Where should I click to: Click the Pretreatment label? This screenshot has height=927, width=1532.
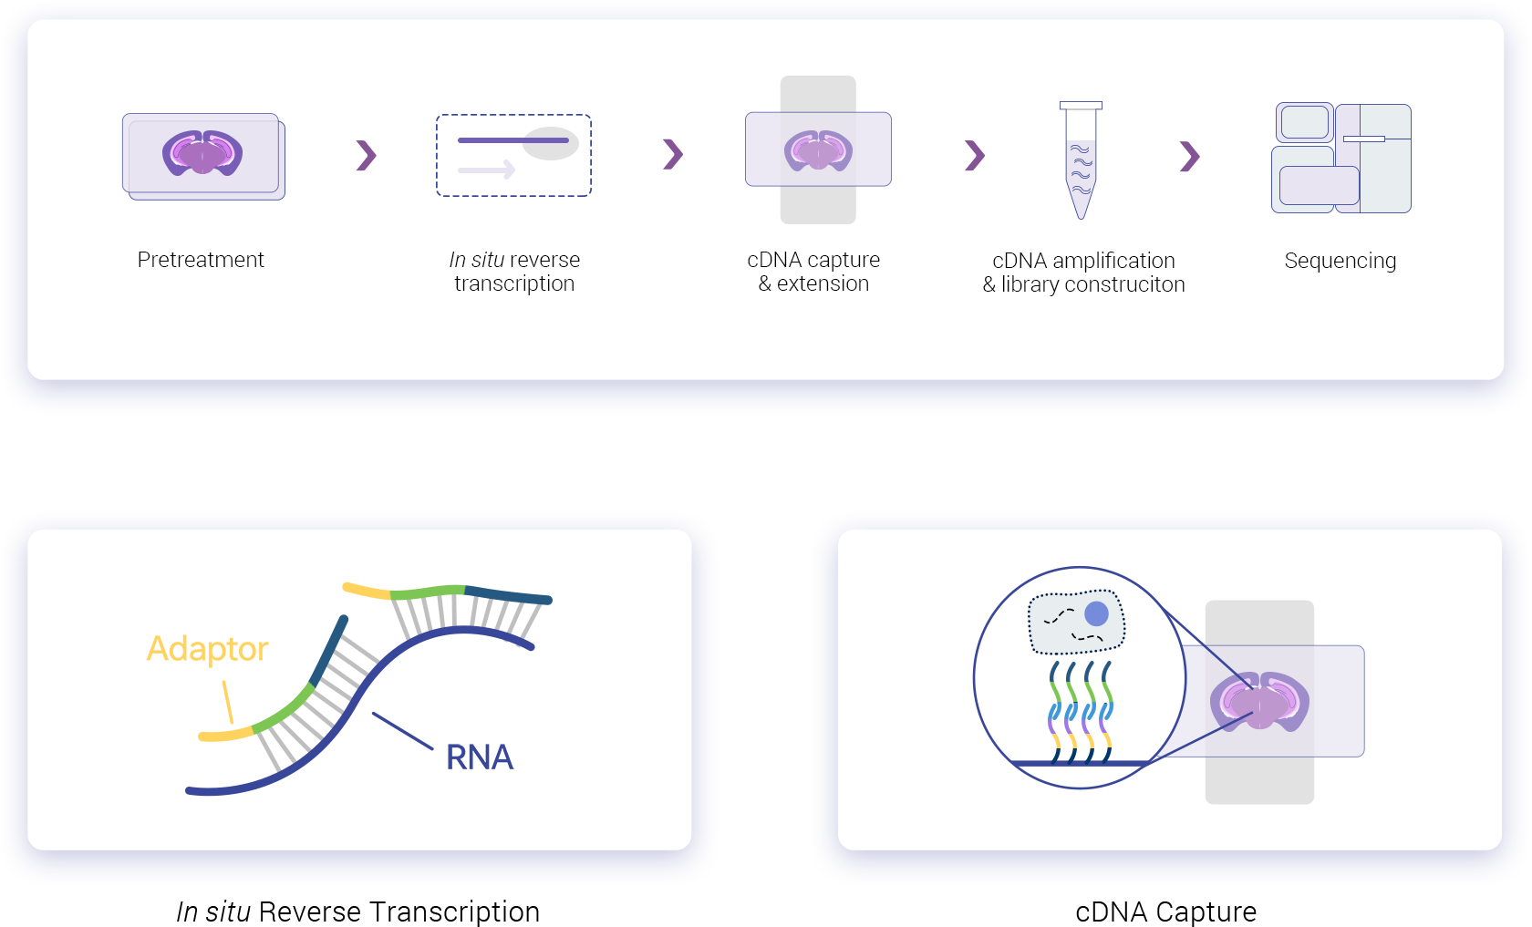[x=201, y=260]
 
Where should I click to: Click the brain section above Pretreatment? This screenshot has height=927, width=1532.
[x=202, y=152]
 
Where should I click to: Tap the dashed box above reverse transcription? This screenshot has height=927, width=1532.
[x=513, y=155]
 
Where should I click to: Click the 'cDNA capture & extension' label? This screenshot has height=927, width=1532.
[x=813, y=272]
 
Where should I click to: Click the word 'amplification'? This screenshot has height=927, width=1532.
[x=1113, y=261]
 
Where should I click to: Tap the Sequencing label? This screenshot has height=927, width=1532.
[x=1340, y=261]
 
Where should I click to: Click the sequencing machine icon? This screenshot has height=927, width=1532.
[x=1340, y=158]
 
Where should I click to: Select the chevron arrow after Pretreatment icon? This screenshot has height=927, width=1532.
[x=366, y=155]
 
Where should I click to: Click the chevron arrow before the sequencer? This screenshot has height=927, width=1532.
[x=1189, y=156]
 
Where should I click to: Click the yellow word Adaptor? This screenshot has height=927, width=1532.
[x=207, y=649]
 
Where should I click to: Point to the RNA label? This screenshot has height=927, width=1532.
[x=479, y=757]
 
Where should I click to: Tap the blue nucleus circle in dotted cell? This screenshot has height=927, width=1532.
[x=1096, y=613]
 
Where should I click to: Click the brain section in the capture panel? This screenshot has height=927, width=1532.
[x=1259, y=701]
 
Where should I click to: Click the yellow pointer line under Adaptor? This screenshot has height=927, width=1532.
[x=227, y=703]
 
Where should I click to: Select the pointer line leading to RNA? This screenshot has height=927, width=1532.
[x=402, y=731]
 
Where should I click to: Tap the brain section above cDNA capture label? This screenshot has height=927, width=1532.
[x=818, y=150]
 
